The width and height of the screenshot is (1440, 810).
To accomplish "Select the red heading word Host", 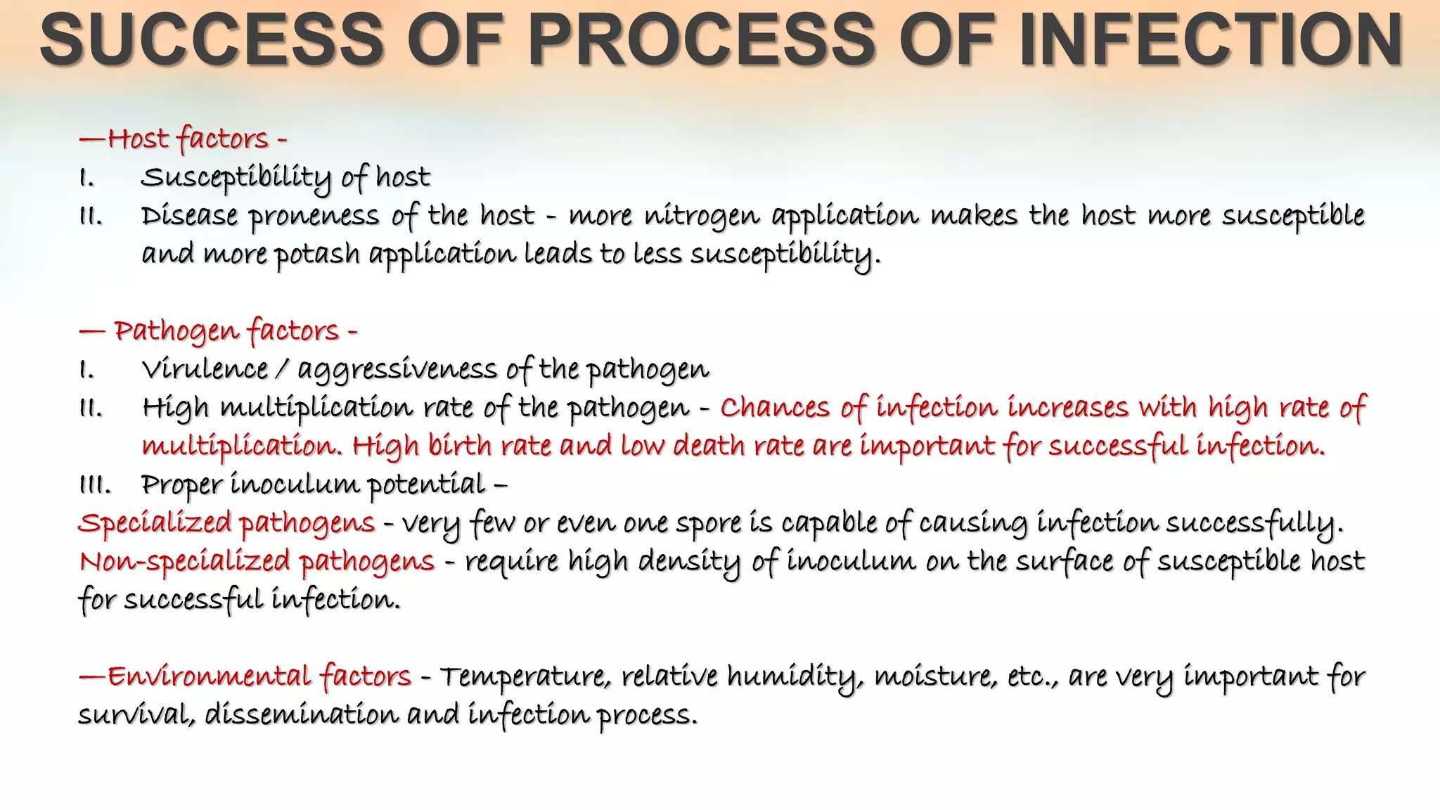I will coord(138,139).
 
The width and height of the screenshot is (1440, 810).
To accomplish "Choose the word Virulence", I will coord(205,369).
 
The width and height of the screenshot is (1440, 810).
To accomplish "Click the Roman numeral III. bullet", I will coord(94,484).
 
